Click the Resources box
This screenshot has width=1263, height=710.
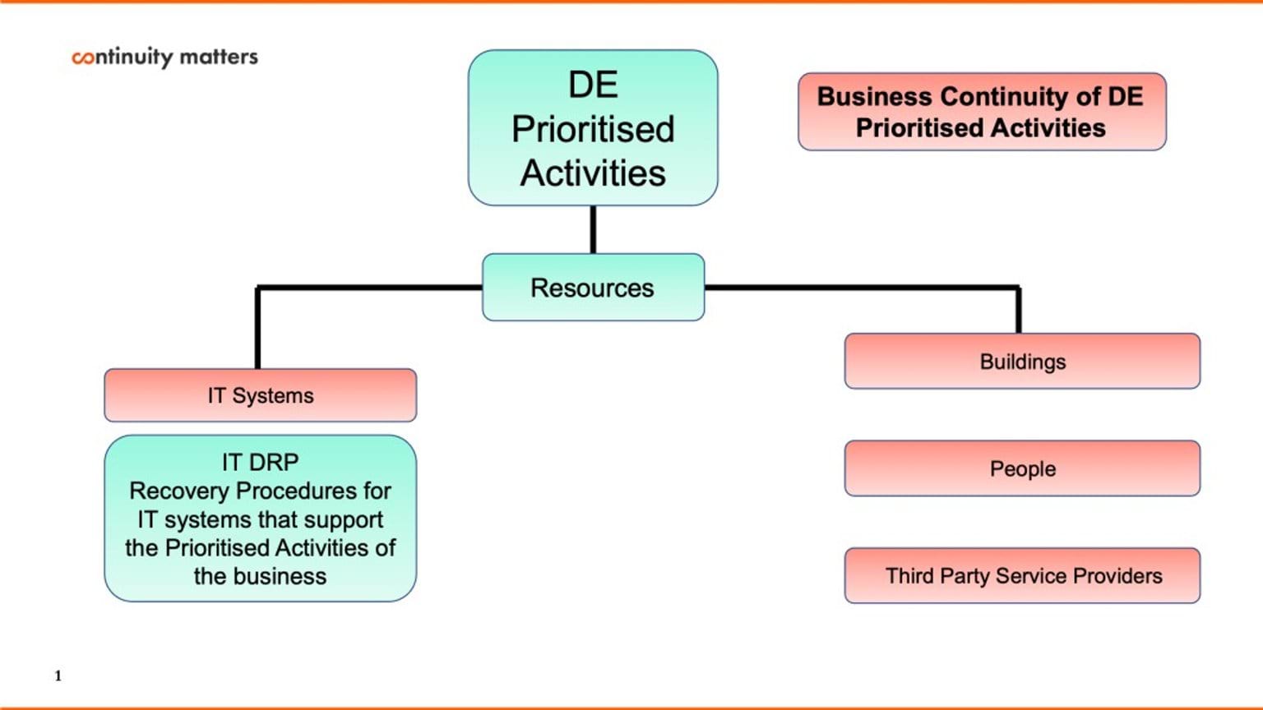(x=593, y=288)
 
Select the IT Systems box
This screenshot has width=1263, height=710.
(x=260, y=395)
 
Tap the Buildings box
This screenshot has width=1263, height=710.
(x=1022, y=362)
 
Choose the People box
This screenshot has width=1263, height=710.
(x=1022, y=468)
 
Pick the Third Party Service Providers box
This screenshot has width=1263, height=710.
(x=1022, y=575)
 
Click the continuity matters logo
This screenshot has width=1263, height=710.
(x=164, y=57)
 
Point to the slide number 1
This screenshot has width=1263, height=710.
(x=58, y=675)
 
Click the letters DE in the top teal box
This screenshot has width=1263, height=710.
(x=593, y=85)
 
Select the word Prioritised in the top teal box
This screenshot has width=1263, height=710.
(x=593, y=129)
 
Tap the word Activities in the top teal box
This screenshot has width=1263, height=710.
(x=593, y=173)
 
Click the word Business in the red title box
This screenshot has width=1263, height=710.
(x=875, y=96)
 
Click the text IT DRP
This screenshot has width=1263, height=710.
(x=260, y=462)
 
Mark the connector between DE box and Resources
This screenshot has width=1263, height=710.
(x=593, y=229)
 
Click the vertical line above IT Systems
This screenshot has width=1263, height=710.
(x=257, y=329)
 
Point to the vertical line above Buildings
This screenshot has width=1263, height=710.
(x=1019, y=311)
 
